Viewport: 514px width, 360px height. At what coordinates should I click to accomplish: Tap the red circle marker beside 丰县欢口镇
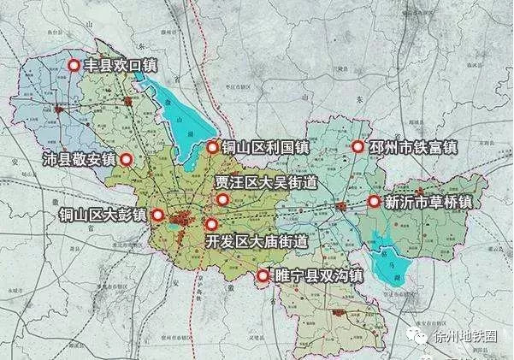pos(74,65)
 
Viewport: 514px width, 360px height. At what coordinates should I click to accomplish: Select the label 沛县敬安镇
pos(79,159)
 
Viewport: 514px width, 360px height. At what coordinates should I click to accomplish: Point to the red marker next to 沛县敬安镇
pos(127,159)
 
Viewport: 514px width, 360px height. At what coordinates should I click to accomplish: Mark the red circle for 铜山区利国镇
pos(214,147)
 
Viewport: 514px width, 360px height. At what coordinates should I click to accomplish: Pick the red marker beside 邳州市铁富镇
pos(357,147)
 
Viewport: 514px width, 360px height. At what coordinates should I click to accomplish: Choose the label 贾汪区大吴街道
pos(266,182)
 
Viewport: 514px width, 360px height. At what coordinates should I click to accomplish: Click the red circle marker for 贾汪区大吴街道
pos(222,200)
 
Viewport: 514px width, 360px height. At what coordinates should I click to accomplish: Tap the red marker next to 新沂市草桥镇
pos(374,202)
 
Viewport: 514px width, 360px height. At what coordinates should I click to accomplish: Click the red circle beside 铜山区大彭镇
pos(157,215)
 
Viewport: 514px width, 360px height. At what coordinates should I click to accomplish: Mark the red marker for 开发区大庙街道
pos(211,224)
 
